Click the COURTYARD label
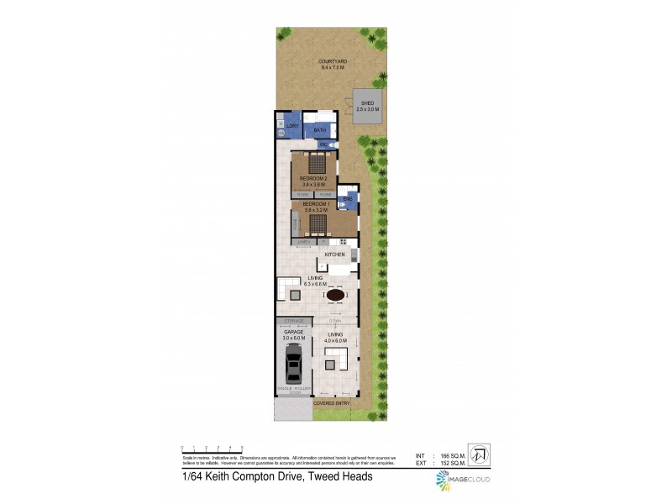click(333, 61)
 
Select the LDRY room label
click(292, 126)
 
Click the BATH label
click(319, 131)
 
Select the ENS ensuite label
click(348, 198)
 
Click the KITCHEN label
click(336, 254)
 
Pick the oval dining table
click(335, 295)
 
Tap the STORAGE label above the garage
click(293, 322)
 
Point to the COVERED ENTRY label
click(331, 403)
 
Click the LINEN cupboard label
click(304, 243)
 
